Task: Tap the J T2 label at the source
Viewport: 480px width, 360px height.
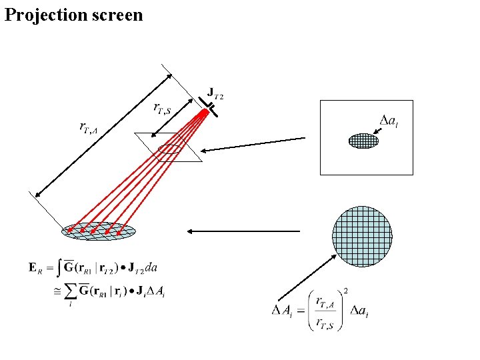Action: pos(215,93)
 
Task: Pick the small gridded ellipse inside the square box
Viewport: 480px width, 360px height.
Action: pos(363,141)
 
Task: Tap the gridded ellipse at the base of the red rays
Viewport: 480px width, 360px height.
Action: pos(99,231)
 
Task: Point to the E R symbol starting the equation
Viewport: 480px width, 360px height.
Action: pos(34,268)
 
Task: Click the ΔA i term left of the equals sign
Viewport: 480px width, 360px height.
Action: pos(285,310)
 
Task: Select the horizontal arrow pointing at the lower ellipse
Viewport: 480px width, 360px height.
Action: pos(243,231)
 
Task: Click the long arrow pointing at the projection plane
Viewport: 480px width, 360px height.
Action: pos(254,144)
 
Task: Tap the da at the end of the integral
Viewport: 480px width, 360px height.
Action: pos(151,268)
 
